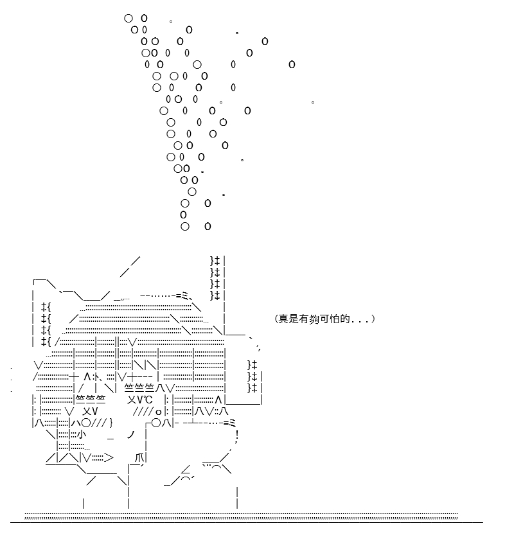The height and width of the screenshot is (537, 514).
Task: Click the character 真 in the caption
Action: (283, 319)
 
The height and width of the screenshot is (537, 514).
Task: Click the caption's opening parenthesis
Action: (276, 319)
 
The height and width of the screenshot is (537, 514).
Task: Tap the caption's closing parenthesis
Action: (373, 319)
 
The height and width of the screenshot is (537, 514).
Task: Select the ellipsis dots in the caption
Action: (360, 322)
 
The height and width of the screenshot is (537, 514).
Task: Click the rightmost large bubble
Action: (292, 64)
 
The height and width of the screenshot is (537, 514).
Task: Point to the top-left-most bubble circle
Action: (128, 19)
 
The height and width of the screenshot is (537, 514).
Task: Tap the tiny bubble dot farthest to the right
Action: (313, 102)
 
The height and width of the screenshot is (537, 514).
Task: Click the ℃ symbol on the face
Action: (148, 400)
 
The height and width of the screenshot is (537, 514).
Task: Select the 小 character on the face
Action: (81, 434)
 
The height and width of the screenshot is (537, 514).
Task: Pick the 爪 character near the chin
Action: (139, 457)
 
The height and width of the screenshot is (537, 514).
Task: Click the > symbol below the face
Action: (109, 457)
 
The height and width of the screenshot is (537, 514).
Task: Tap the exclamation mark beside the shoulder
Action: (237, 436)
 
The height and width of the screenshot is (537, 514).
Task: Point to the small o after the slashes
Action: (158, 412)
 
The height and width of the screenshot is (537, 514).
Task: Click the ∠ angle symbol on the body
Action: (186, 469)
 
